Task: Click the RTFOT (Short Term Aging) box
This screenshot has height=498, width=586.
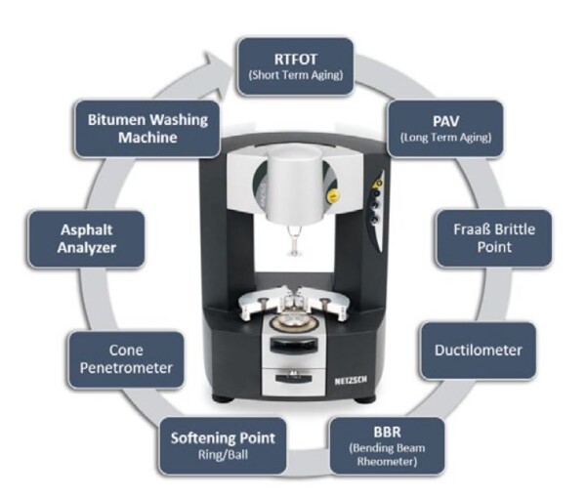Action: click(x=295, y=66)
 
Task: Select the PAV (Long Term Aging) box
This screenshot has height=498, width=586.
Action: click(x=445, y=129)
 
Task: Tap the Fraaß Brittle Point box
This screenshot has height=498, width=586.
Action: click(x=494, y=238)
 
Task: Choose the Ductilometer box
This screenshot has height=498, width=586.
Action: click(x=478, y=351)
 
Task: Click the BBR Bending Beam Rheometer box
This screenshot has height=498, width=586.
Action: click(x=387, y=446)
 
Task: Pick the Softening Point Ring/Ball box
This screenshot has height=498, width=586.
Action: click(x=223, y=446)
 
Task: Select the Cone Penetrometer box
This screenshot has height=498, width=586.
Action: click(x=126, y=359)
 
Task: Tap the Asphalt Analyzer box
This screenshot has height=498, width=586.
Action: click(x=86, y=238)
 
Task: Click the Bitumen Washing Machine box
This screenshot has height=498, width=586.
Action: click(x=147, y=129)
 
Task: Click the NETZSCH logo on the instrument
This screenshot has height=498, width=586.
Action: click(x=351, y=381)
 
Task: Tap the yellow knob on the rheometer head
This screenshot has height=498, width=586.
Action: click(x=331, y=196)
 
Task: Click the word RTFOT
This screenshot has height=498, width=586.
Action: click(x=295, y=59)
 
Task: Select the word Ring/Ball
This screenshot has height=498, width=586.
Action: click(x=223, y=455)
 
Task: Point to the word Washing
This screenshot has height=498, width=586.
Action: click(x=178, y=120)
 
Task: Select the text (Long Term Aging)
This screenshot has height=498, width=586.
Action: click(x=445, y=138)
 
